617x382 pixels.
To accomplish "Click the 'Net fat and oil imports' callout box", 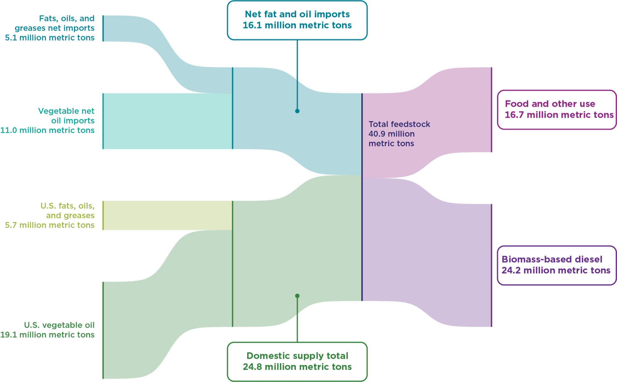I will [297, 20].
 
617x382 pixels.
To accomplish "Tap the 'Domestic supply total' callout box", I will [297, 361].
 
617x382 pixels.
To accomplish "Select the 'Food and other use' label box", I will [557, 109].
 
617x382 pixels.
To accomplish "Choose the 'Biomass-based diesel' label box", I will [557, 265].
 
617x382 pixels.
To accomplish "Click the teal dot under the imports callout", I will [297, 111].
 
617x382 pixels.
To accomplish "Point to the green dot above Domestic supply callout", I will [297, 296].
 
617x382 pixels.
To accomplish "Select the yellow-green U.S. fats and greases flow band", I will [168, 215].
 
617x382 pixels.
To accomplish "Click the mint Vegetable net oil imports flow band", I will [168, 121].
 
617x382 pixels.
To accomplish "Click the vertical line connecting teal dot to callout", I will [297, 74].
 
